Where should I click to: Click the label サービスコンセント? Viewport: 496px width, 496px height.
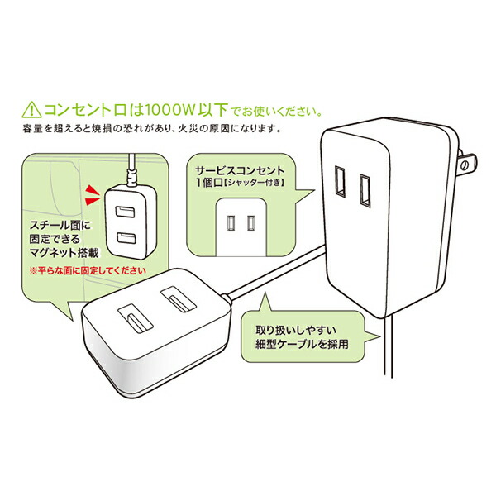point(231,166)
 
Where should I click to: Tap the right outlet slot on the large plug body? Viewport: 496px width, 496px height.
point(364,190)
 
